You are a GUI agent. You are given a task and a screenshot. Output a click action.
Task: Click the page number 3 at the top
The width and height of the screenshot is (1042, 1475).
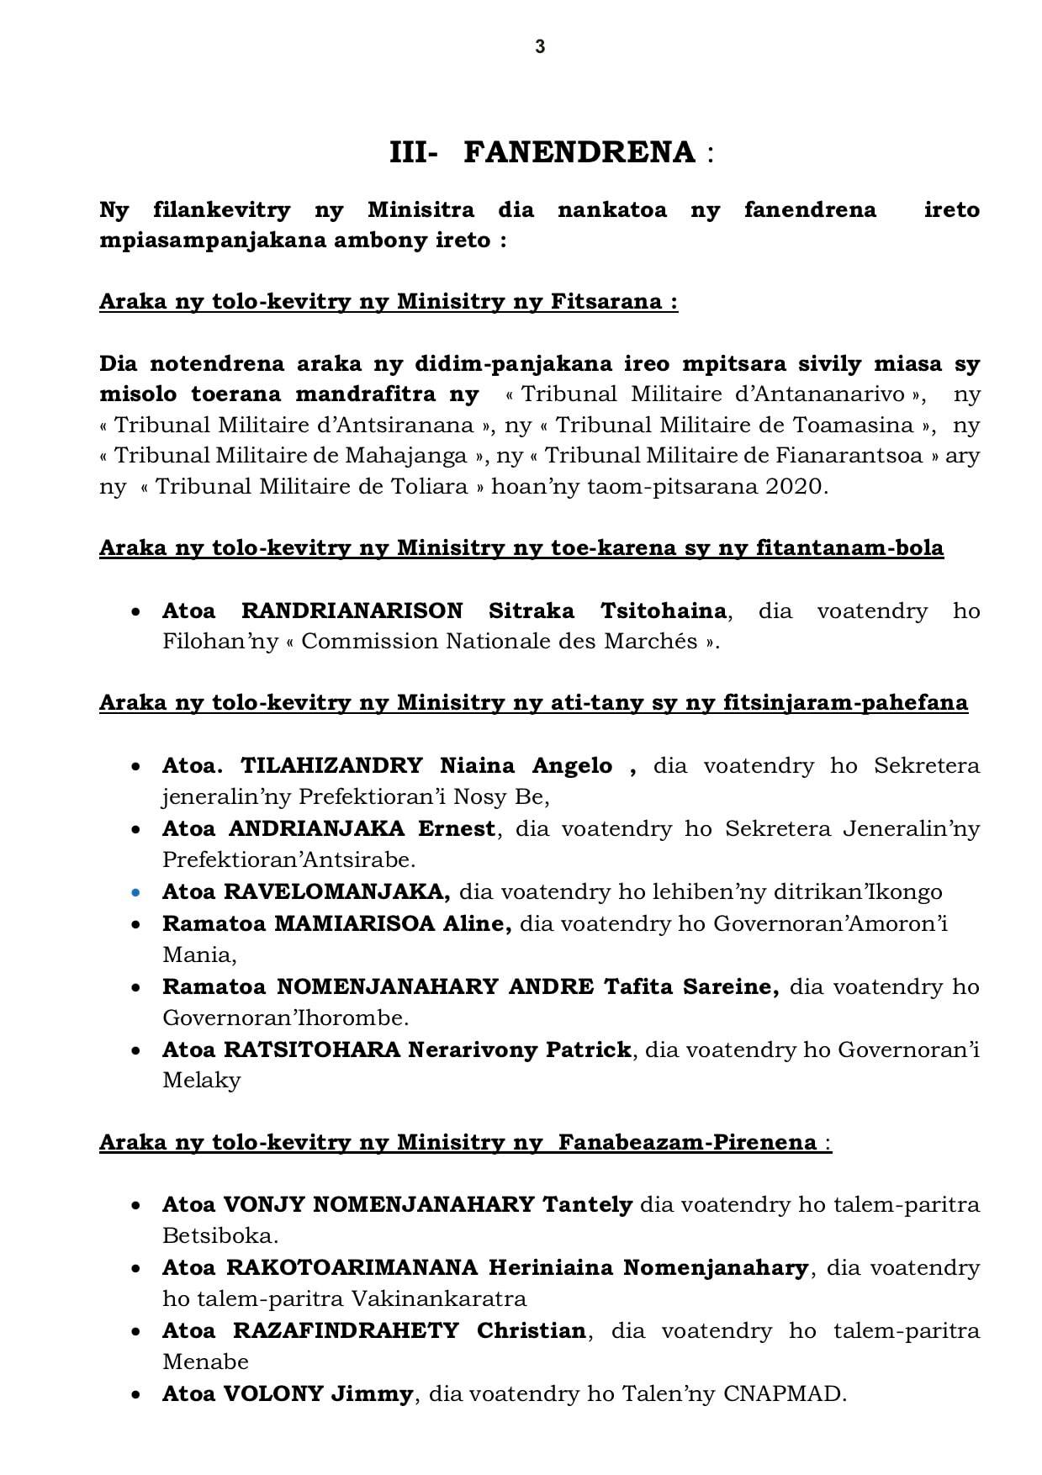tap(540, 48)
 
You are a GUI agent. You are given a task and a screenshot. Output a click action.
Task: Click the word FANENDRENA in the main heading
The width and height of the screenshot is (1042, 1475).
tap(579, 153)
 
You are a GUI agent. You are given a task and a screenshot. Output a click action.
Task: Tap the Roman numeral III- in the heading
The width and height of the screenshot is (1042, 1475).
tap(413, 153)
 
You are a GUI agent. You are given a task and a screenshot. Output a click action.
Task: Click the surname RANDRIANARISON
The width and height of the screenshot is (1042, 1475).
tap(352, 611)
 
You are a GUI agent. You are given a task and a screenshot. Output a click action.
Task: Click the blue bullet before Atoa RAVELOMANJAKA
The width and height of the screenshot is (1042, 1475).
tap(136, 892)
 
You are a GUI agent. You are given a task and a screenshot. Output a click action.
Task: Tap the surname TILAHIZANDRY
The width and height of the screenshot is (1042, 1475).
tap(331, 766)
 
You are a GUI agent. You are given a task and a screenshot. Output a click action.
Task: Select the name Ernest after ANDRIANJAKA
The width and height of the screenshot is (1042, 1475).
tap(457, 829)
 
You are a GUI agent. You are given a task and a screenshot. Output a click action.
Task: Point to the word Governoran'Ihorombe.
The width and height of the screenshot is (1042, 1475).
tap(284, 1018)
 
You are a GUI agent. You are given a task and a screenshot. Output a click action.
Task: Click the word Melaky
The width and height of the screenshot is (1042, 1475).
tap(201, 1081)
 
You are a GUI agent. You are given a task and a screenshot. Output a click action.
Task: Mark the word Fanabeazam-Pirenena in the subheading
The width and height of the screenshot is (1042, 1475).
tap(687, 1142)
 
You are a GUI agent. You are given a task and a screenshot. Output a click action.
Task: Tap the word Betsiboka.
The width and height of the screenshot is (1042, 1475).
tap(220, 1236)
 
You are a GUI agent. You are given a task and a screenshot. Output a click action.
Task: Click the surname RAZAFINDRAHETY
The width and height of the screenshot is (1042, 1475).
tap(346, 1331)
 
